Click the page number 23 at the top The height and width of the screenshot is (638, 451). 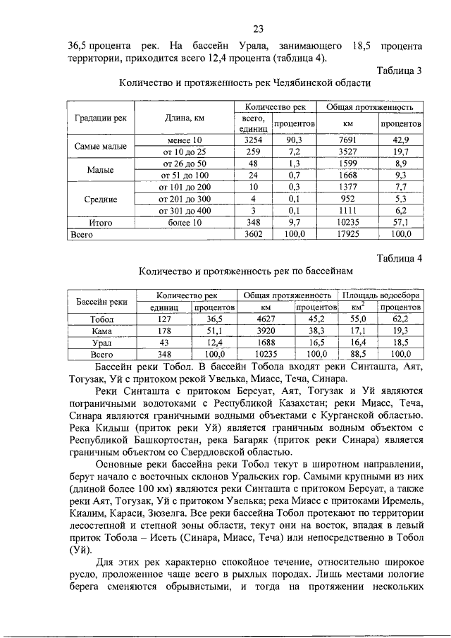[x=258, y=29]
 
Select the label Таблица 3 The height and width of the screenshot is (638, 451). [x=399, y=70]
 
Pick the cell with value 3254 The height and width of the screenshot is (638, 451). [x=251, y=140]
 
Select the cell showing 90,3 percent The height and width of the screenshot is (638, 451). [x=295, y=140]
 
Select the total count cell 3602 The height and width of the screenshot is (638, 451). [x=251, y=233]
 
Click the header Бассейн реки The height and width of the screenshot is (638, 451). [x=101, y=302]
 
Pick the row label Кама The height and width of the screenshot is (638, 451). [x=101, y=330]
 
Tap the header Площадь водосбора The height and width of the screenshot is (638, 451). [x=383, y=295]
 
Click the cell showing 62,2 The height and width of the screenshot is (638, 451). [x=400, y=319]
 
